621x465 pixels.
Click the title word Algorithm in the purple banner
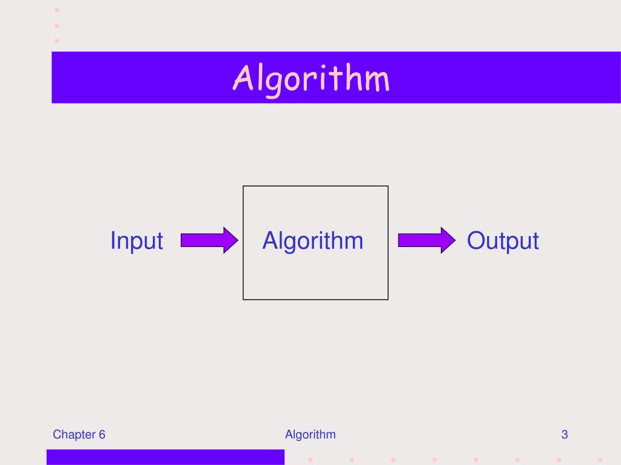point(312,79)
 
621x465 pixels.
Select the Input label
point(136,241)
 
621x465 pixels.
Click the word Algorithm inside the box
point(312,240)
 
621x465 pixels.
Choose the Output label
point(503,241)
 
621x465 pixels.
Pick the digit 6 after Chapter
point(102,434)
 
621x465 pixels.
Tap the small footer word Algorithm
point(310,434)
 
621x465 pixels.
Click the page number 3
point(564,434)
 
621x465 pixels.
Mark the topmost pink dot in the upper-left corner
point(57,10)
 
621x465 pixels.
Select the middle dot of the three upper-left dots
point(57,26)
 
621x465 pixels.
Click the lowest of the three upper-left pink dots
point(57,41)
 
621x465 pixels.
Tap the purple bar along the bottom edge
point(165,457)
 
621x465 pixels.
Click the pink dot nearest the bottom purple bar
point(310,458)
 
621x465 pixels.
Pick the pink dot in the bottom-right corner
point(600,458)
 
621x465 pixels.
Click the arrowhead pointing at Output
point(447,240)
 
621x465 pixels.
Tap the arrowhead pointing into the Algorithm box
point(229,240)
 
